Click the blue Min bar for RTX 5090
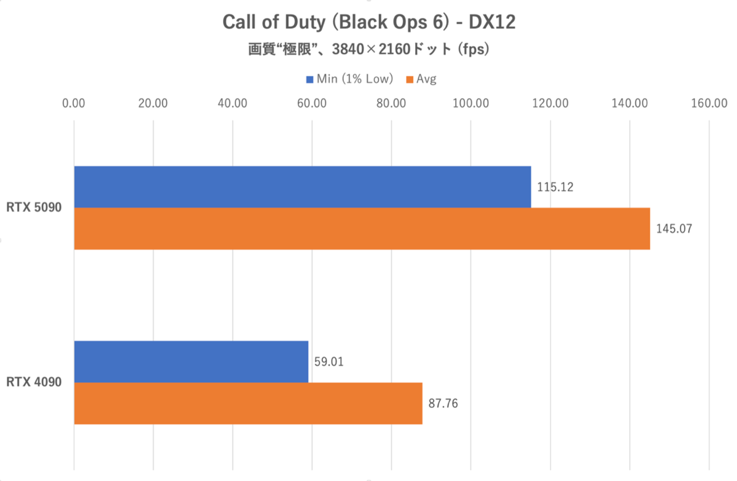(302, 187)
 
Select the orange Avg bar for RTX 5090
(362, 229)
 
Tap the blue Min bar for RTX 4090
(191, 362)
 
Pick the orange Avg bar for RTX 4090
(248, 404)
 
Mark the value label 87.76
(445, 404)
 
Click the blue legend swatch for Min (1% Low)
(310, 79)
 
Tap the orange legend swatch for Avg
(410, 79)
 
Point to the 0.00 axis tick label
(74, 103)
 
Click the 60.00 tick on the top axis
(312, 103)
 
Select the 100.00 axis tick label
(470, 103)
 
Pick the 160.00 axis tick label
(709, 103)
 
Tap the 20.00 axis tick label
(154, 103)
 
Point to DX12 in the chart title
(493, 22)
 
